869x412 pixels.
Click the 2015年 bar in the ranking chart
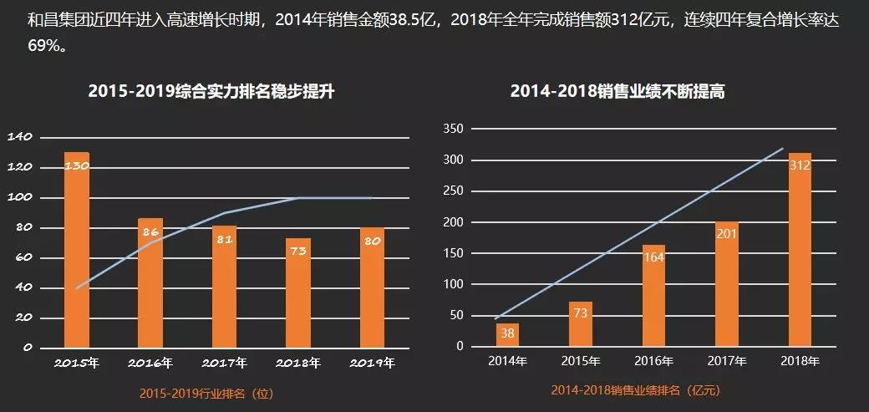pos(77,251)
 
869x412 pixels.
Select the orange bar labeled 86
pos(150,284)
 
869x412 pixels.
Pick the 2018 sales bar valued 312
pos(800,251)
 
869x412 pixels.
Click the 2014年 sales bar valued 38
pos(507,335)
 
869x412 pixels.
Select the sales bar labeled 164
pos(654,297)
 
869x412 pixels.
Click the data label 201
pos(727,233)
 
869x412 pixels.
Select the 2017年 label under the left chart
pos(224,364)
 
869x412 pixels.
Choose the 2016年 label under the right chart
pos(654,361)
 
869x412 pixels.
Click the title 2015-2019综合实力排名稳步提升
pos(211,92)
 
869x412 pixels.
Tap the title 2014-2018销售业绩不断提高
pos(617,92)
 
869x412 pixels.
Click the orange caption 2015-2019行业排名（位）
pos(206,393)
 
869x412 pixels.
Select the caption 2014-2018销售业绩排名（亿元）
pos(635,390)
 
